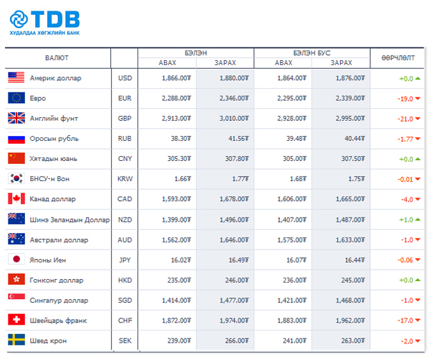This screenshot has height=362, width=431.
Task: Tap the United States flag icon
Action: tap(16, 78)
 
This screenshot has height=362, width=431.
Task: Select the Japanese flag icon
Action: tap(16, 260)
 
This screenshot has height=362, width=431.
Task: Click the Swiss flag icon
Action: tap(16, 320)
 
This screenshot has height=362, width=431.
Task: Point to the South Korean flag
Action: tap(16, 179)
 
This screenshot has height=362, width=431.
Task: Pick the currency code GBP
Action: tap(124, 119)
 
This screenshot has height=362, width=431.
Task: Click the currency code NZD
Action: tap(124, 220)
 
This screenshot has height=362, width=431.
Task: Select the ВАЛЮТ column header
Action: tap(57, 58)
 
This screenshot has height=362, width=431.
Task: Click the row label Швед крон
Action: tap(48, 341)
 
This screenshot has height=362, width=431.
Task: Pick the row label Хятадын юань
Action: tap(53, 159)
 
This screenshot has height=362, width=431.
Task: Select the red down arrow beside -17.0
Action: tap(416, 321)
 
